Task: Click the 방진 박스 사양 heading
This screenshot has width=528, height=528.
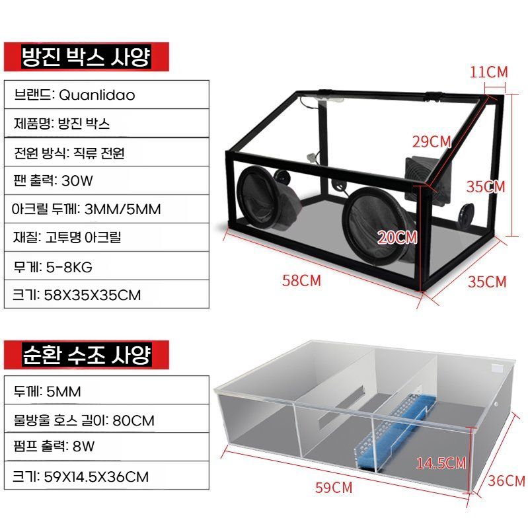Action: pos(86,57)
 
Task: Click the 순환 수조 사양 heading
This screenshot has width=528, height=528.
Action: pos(87,355)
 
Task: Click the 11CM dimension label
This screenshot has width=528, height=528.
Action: pos(488,72)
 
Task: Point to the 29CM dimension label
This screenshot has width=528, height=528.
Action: pos(432,142)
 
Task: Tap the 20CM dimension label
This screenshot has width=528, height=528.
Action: pos(397,237)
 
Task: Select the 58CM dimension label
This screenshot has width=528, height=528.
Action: pos(302,280)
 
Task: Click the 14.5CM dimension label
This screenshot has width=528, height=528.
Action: pos(441,463)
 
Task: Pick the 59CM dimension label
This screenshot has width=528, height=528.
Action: pos(334,488)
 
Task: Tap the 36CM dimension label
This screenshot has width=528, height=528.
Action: pos(506,480)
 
